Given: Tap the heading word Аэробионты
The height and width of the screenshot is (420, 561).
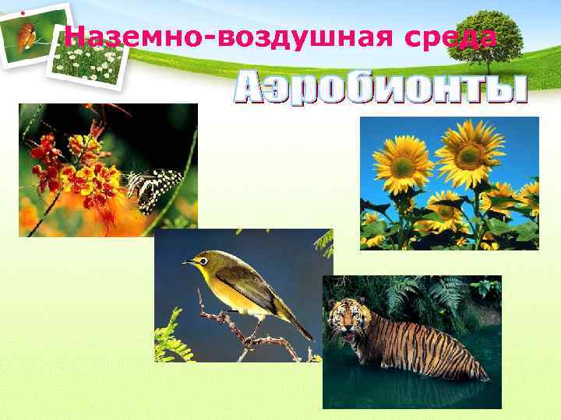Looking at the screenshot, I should click(380, 89).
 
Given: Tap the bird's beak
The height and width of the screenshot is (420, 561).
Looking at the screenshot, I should click(189, 262).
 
